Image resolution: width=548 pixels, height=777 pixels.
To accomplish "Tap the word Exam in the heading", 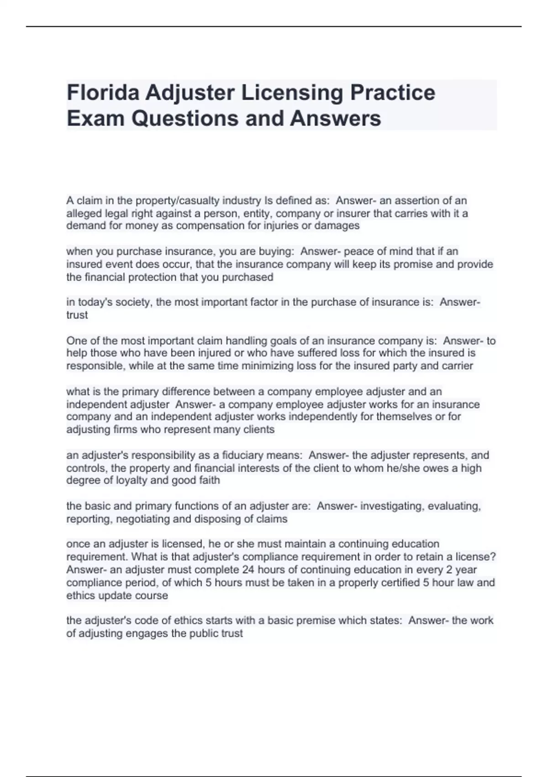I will [95, 118].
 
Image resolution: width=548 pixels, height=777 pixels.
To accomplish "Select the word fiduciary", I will [243, 455].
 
